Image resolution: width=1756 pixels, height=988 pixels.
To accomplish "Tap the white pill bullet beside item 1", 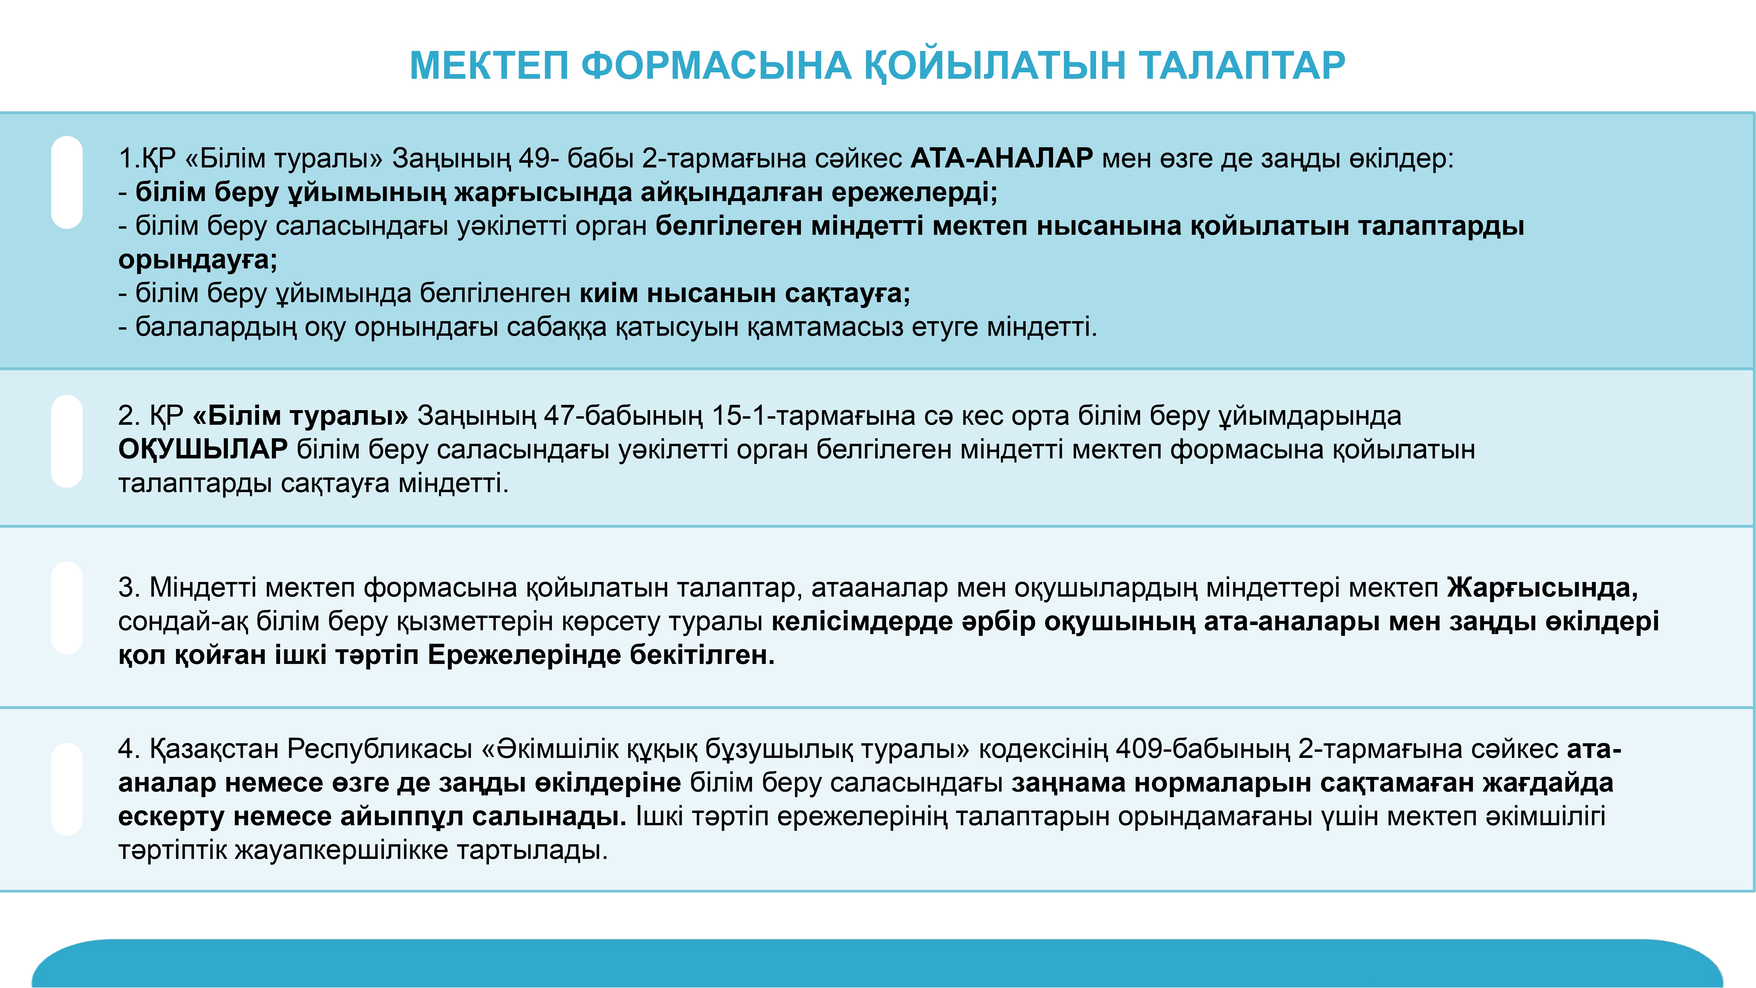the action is point(67,182).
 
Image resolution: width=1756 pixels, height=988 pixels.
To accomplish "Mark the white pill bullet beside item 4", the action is point(67,789).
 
